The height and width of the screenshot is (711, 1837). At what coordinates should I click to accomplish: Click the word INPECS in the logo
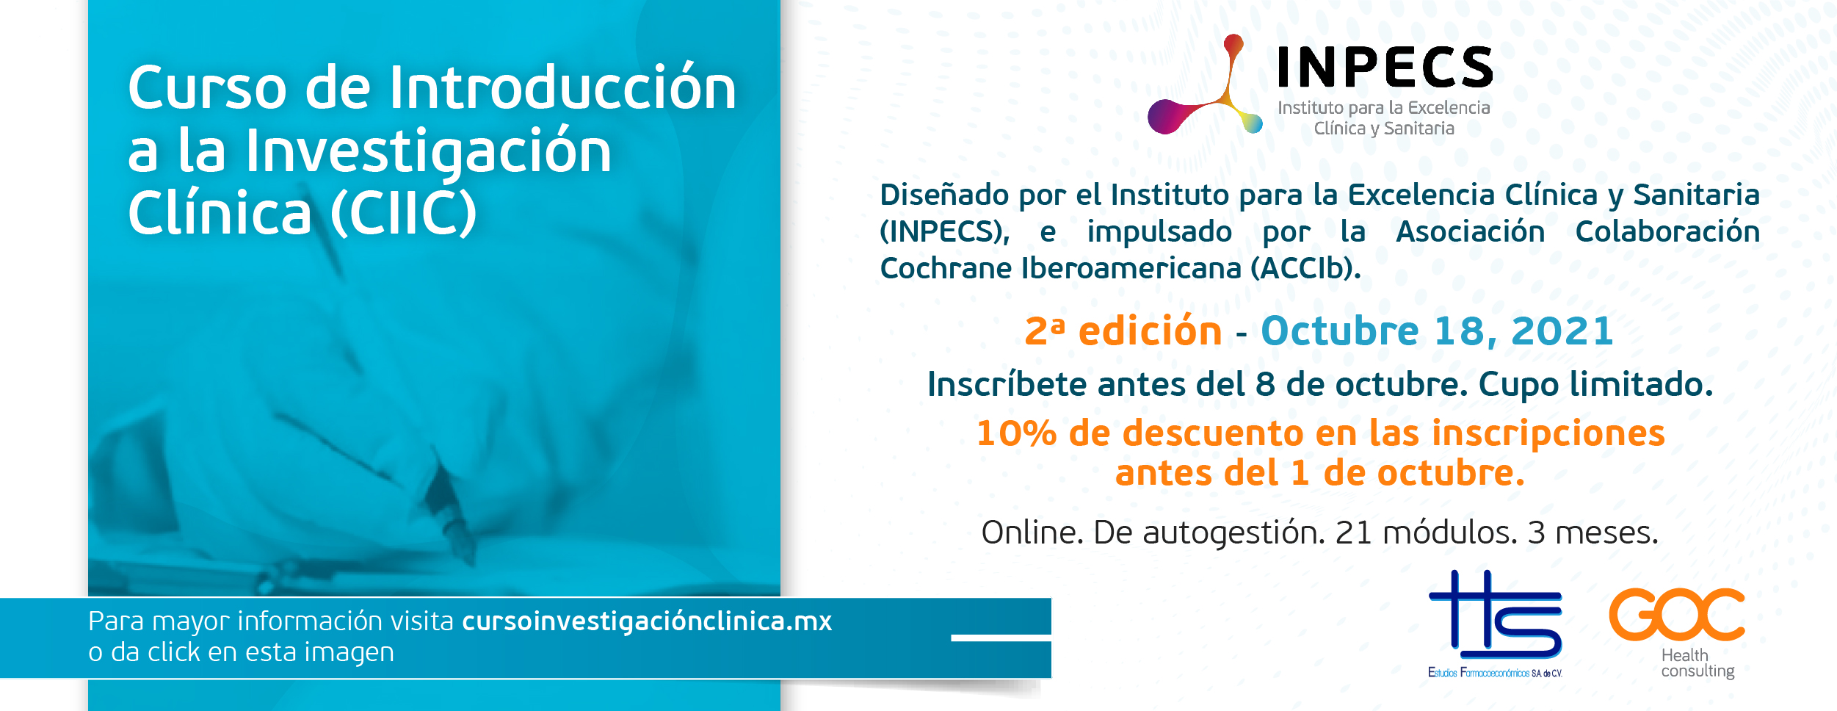1385,67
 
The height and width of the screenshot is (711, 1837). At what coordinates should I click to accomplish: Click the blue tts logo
1495,614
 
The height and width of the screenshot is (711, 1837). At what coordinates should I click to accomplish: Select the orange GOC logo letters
1677,614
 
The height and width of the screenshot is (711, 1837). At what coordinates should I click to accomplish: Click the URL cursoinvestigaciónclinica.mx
647,621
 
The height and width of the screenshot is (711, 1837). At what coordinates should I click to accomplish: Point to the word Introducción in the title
562,87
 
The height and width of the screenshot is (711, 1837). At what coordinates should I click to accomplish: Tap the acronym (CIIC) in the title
404,214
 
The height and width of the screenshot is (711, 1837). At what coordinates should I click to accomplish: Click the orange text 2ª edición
1123,331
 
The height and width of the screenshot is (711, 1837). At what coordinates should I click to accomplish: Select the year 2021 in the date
1562,331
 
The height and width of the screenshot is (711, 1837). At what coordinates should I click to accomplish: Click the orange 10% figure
1016,433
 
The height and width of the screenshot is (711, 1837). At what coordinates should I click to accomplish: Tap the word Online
1032,533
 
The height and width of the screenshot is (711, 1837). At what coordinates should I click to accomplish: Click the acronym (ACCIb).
1306,268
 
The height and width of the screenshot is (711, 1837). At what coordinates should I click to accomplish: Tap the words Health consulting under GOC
1697,663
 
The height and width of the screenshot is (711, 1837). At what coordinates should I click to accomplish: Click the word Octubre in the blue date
1340,331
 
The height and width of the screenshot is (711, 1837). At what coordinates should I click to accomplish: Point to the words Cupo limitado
1595,385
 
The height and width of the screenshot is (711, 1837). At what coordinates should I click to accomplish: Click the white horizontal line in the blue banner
1001,638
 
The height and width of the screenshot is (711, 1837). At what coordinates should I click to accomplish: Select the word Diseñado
944,195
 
